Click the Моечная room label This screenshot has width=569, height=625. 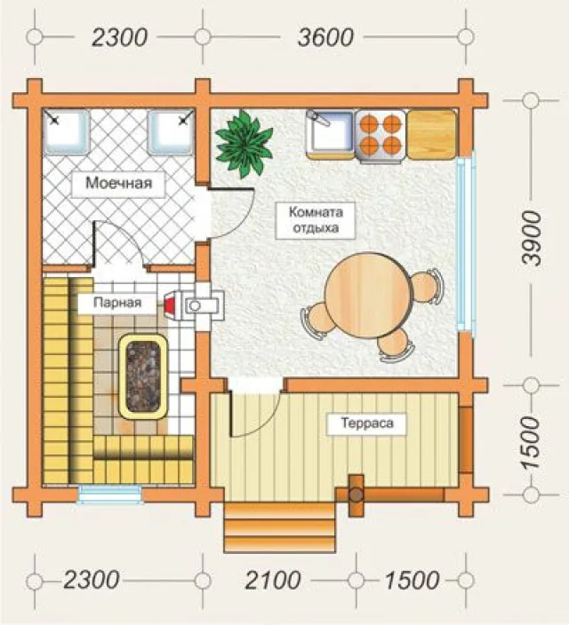tap(118, 184)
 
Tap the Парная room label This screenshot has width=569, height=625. tap(117, 303)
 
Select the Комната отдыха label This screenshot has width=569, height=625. tap(316, 219)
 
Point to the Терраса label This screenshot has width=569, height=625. tap(367, 423)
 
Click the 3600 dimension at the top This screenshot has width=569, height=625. tap(325, 37)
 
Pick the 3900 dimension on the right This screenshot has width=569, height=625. tap(532, 238)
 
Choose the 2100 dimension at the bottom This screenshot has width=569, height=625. tap(273, 580)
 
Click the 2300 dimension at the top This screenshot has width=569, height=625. tap(119, 37)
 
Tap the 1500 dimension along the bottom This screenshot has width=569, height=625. tap(412, 580)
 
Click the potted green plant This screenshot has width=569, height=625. tap(244, 144)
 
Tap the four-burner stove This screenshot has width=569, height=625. tap(381, 136)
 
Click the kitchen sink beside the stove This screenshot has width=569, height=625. tap(330, 135)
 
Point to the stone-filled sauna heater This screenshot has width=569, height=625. tap(143, 376)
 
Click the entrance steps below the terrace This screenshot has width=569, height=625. tap(279, 526)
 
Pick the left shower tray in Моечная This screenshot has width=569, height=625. tap(67, 132)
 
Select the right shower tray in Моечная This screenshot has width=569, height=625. tap(171, 132)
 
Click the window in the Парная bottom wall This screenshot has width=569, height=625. tap(110, 494)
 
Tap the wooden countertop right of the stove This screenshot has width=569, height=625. tap(432, 135)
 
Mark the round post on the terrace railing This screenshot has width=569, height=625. tap(357, 494)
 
